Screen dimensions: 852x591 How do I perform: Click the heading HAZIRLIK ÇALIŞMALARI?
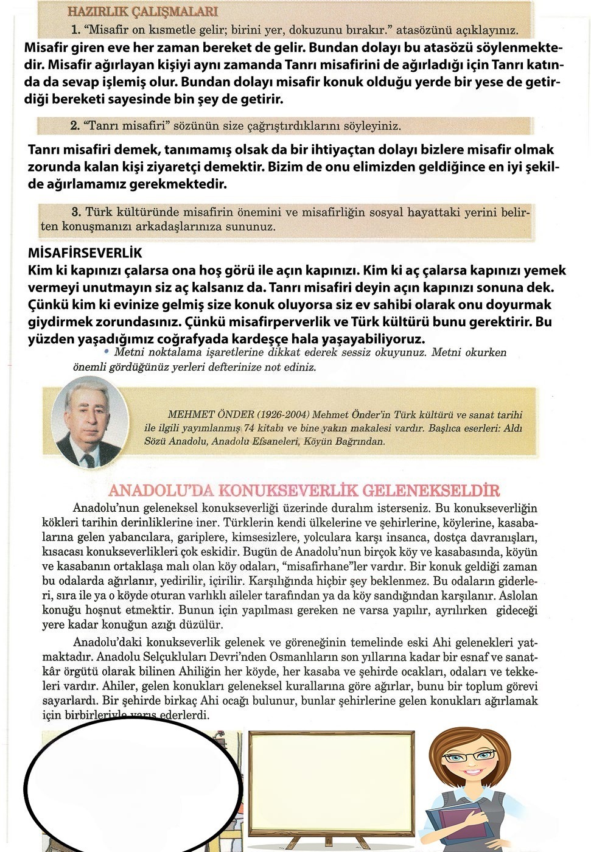pyautogui.click(x=142, y=12)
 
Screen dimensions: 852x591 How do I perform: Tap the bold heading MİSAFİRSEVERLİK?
pyautogui.click(x=85, y=253)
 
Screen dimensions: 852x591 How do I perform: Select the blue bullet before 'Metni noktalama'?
pyautogui.click(x=107, y=352)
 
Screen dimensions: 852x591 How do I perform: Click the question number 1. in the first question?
pyautogui.click(x=75, y=29)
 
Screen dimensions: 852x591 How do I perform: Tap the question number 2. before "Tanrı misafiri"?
pyautogui.click(x=75, y=126)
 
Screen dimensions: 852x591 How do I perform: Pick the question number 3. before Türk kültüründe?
pyautogui.click(x=76, y=212)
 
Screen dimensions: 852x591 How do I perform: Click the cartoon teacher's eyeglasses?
pyautogui.click(x=468, y=757)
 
